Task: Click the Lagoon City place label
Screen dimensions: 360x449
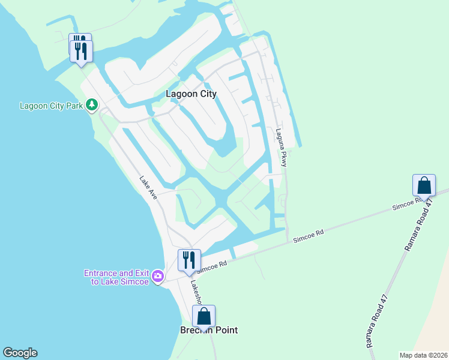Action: (x=191, y=94)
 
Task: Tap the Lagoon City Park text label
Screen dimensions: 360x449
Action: (x=51, y=106)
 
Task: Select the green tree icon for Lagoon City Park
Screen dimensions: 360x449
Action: (x=91, y=106)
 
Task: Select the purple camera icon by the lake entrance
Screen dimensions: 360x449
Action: (x=158, y=276)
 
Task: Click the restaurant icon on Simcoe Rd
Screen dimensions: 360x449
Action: (x=189, y=260)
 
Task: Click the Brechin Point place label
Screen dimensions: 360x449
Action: (x=209, y=330)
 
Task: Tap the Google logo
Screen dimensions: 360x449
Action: (x=20, y=353)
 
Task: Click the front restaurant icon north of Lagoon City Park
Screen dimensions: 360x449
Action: (x=82, y=50)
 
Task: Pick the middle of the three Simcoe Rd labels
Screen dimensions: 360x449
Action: (x=309, y=236)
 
